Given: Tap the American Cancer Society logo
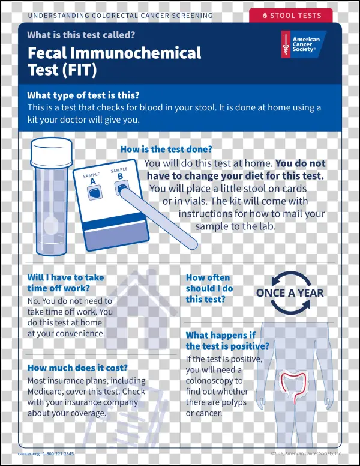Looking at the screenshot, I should (x=304, y=45).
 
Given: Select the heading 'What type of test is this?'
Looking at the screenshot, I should (x=83, y=95).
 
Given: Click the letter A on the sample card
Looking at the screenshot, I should (x=93, y=181).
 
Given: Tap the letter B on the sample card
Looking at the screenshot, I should (x=120, y=176).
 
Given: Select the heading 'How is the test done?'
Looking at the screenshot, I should (x=166, y=150).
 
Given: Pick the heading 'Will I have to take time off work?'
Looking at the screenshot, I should (x=65, y=283).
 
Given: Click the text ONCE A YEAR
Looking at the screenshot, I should (x=289, y=294).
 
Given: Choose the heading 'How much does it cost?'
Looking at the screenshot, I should (x=77, y=368).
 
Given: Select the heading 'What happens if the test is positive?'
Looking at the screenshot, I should (x=227, y=340).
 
